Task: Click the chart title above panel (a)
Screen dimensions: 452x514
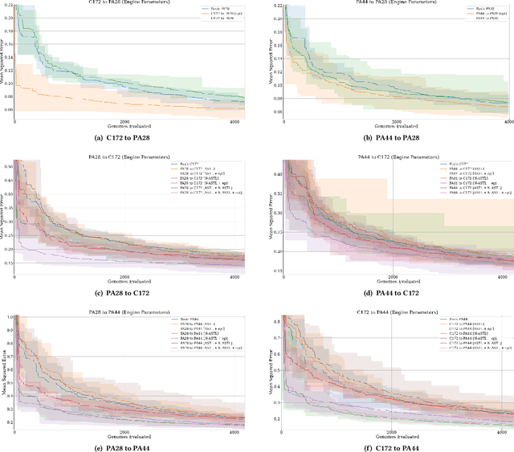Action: coord(130,3)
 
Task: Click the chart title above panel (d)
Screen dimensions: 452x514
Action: coord(387,157)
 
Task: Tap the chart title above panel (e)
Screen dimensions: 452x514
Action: coord(130,312)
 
